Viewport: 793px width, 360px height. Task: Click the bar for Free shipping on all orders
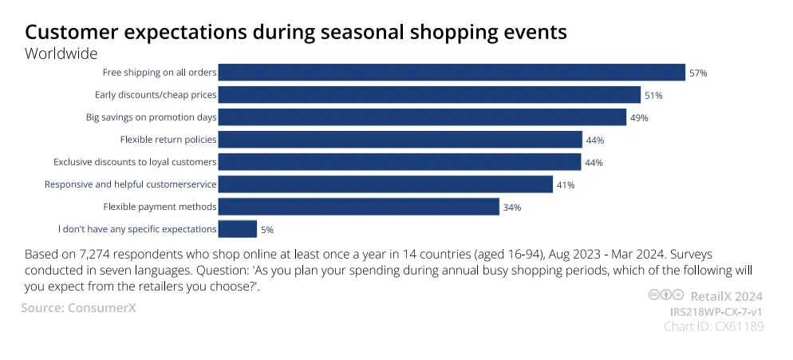452,73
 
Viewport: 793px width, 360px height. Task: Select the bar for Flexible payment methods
358,207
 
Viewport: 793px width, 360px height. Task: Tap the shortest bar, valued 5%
238,229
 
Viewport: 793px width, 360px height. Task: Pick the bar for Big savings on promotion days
422,117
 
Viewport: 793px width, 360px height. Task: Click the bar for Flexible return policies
400,139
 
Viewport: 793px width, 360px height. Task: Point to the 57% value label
698,73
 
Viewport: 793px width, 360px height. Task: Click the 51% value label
653,95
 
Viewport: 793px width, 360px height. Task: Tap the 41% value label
566,185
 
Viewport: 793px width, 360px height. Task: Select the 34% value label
512,207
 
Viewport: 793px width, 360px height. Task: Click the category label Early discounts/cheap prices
156,95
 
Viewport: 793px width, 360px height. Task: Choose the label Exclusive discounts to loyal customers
135,162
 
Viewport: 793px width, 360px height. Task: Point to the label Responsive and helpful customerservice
131,184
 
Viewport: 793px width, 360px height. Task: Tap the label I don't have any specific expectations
137,229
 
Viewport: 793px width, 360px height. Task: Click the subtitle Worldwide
61,53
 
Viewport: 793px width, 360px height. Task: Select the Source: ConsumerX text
78,307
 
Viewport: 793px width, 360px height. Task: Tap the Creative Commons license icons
666,295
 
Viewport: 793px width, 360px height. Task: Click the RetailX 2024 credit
726,296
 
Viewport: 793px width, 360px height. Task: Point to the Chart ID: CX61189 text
713,326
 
